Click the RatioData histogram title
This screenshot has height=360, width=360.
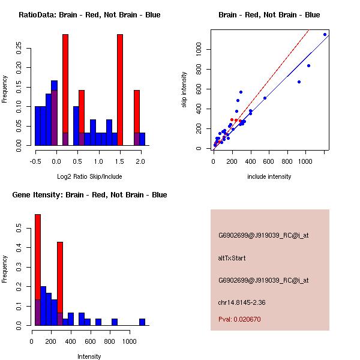89,15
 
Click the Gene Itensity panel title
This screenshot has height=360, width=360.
89,195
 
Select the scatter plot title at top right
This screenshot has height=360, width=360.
269,15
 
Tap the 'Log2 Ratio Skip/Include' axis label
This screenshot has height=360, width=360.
89,176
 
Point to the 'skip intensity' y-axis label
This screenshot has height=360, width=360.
184,90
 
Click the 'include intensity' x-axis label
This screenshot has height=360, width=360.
269,176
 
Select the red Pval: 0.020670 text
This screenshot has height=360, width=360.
239,320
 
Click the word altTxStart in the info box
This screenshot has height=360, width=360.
232,258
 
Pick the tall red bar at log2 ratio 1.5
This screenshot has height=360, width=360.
120,90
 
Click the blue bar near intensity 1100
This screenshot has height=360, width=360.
142,322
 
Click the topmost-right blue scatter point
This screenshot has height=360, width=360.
325,34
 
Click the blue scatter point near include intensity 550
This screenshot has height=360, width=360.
265,98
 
